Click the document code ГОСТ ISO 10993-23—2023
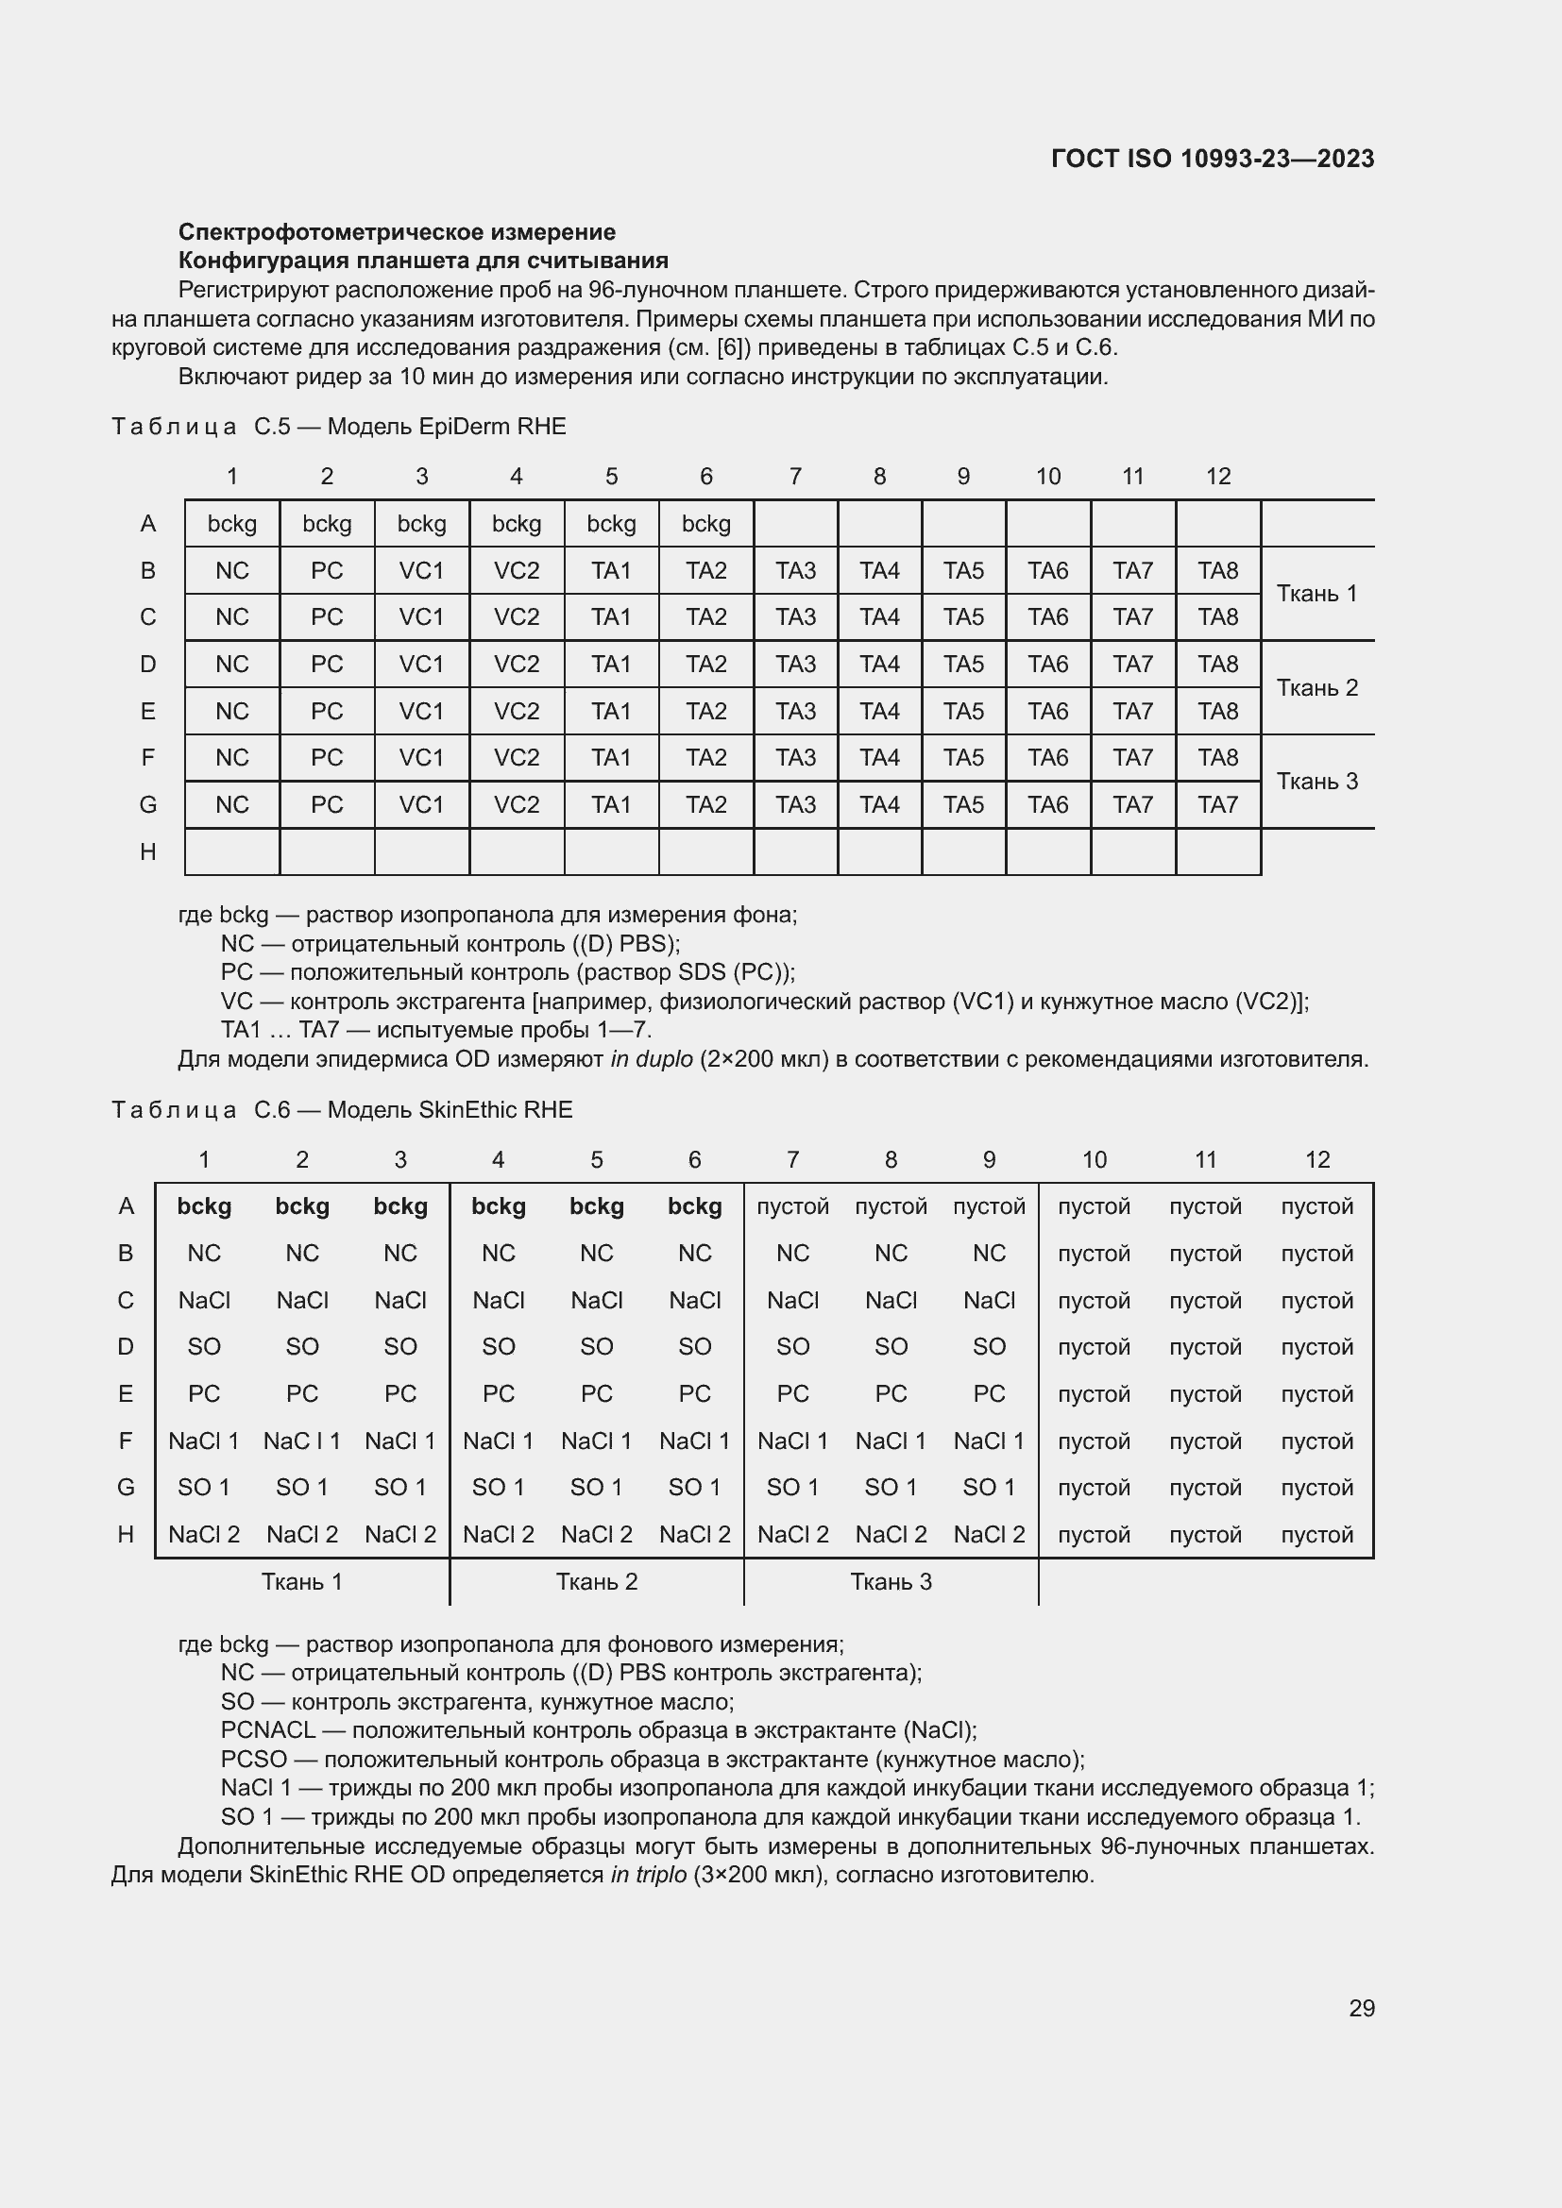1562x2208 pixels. pyautogui.click(x=1212, y=159)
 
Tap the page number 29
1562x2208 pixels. pyautogui.click(x=1361, y=2008)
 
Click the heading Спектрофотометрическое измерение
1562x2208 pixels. pyautogui.click(x=397, y=232)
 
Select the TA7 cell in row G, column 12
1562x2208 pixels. pyautogui.click(x=1217, y=805)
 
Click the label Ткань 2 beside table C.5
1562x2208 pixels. pyautogui.click(x=1316, y=687)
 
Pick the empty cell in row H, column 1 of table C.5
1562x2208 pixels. pyautogui.click(x=231, y=852)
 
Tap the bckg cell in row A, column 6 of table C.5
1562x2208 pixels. pyautogui.click(x=706, y=524)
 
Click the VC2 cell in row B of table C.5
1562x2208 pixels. pyautogui.click(x=517, y=571)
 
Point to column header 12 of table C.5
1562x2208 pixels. pyautogui.click(x=1217, y=476)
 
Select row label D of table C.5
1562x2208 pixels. pyautogui.click(x=147, y=665)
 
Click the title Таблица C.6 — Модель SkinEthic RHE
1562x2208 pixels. pyautogui.click(x=342, y=1110)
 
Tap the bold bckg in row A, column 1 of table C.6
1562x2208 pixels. pyautogui.click(x=204, y=1207)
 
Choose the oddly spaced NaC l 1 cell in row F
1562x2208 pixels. pyautogui.click(x=302, y=1441)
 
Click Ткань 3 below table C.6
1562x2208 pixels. pyautogui.click(x=891, y=1582)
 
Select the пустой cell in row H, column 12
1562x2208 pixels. pyautogui.click(x=1316, y=1535)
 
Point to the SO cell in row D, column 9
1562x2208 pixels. pyautogui.click(x=989, y=1347)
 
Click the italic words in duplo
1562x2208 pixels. pyautogui.click(x=652, y=1060)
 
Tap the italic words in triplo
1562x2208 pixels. pyautogui.click(x=648, y=1875)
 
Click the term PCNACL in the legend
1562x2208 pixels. pyautogui.click(x=267, y=1730)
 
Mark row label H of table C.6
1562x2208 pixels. pyautogui.click(x=125, y=1535)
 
